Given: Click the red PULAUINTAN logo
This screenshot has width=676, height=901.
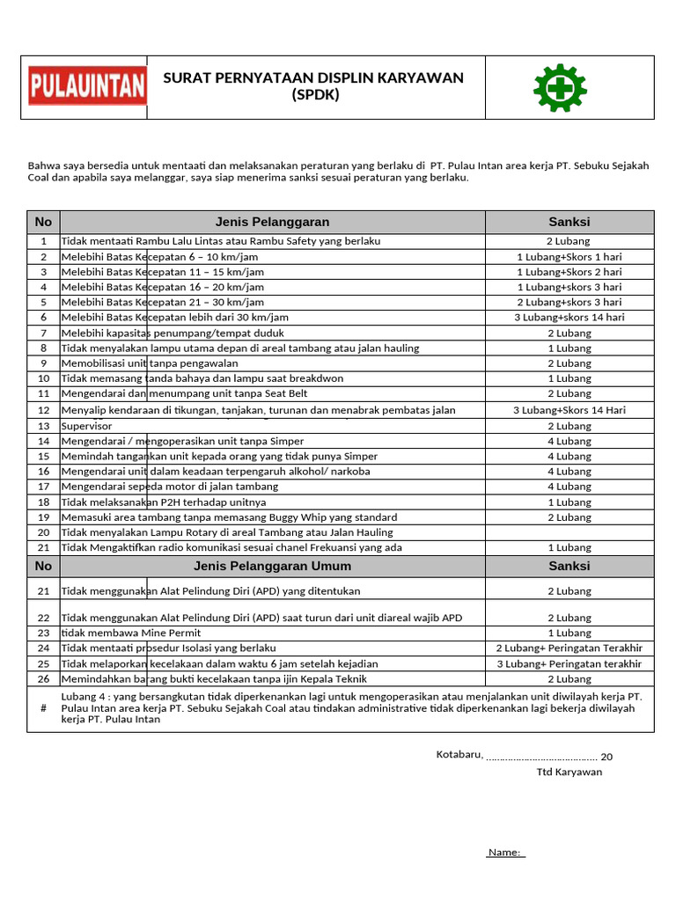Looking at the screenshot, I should pos(86,86).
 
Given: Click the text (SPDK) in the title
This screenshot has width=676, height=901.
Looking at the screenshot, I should pos(314,94).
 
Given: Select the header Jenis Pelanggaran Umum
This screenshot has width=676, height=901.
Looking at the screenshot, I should pos(272,566).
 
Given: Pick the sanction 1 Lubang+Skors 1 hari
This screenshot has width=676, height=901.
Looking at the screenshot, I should pos(569,257).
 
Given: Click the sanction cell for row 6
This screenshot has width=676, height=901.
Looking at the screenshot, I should pos(569,318).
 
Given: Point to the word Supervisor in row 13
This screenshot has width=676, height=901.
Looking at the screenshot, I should pos(87,426).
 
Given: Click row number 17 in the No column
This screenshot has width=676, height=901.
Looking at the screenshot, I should pos(43,487).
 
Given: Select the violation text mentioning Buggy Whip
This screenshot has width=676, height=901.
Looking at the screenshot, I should pos(229,517).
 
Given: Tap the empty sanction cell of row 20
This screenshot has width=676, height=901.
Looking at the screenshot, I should pos(569,532).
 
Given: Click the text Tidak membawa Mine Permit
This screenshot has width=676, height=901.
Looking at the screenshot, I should pos(131,633).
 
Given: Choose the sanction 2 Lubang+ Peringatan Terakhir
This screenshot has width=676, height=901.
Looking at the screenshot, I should pos(569,648).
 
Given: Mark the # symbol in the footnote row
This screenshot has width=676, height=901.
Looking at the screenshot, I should pos(43,708).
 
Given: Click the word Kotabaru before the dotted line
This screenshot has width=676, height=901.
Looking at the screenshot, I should pos(459,756).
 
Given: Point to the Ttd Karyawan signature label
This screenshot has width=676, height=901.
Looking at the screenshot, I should pos(569,772).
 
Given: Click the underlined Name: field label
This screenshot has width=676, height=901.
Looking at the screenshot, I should pos(505,853).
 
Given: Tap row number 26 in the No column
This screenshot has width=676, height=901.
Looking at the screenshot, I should pos(43,679).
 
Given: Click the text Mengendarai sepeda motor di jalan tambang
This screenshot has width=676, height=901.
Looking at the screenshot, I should pos(169,487).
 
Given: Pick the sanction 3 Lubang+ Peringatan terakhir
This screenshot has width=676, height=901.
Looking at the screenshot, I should pos(569,664).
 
